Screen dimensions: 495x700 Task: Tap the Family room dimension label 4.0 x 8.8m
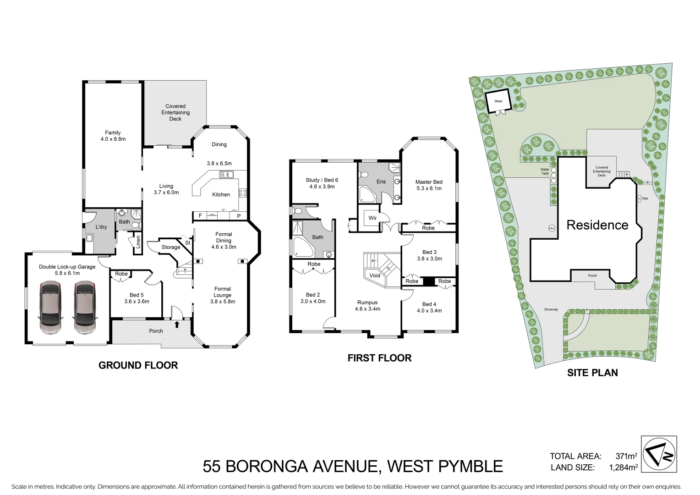tap(113, 139)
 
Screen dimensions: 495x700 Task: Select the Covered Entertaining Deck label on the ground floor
tap(175, 112)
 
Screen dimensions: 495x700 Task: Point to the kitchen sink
tap(227, 174)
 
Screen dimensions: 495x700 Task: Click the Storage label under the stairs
tap(171, 247)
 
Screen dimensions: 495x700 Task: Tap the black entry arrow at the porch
tap(177, 324)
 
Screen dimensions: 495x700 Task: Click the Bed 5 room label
tap(137, 295)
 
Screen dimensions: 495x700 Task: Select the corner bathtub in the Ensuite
tap(367, 196)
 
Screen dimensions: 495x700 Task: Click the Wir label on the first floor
tap(372, 218)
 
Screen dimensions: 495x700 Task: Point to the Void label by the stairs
tap(375, 275)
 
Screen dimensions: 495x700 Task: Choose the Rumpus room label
tap(367, 302)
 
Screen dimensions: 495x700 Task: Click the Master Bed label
tap(429, 182)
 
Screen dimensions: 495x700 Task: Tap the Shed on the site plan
tap(498, 101)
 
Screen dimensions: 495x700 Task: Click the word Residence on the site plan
tap(597, 225)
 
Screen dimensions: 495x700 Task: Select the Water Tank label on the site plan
tap(545, 171)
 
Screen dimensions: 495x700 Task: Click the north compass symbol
tap(659, 454)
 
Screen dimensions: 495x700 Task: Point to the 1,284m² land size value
tap(623, 467)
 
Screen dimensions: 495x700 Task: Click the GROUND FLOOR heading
tap(138, 365)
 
